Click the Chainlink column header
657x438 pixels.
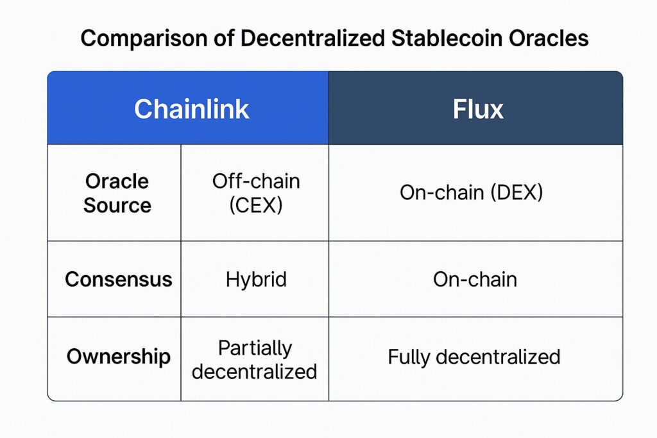[191, 109]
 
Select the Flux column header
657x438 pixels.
[478, 109]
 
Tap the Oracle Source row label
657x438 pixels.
[117, 193]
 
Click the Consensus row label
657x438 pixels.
[119, 280]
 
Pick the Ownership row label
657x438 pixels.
[119, 357]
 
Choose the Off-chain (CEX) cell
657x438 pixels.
[256, 193]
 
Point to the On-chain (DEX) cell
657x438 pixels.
[472, 192]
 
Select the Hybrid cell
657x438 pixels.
[256, 280]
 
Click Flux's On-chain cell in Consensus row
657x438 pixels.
[475, 280]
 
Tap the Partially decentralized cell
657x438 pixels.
[254, 360]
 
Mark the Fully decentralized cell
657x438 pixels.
[474, 357]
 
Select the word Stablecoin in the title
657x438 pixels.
[447, 38]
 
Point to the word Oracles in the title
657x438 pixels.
[549, 38]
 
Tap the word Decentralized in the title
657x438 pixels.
[312, 38]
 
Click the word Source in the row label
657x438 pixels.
[117, 205]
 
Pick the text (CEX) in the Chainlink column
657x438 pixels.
[256, 205]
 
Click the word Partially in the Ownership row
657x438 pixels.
[255, 348]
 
